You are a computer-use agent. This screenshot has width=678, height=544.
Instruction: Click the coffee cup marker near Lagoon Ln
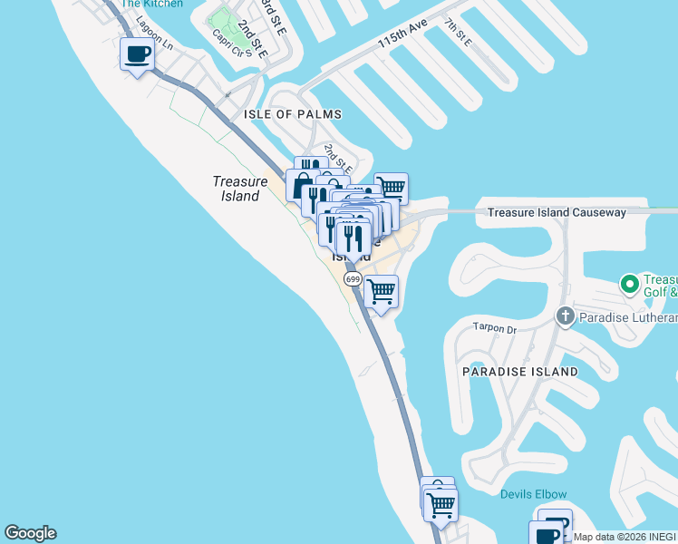[x=137, y=55]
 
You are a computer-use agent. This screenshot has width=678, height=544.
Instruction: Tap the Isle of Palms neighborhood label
[x=293, y=114]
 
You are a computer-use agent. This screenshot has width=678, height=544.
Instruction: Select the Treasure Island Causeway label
[x=557, y=212]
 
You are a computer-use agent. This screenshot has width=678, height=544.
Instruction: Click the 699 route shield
[x=354, y=279]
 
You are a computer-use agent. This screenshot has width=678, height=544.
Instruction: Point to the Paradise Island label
[x=519, y=372]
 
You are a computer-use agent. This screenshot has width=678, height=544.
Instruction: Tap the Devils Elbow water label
[x=534, y=494]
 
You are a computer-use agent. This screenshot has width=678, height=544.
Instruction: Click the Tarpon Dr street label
[x=493, y=328]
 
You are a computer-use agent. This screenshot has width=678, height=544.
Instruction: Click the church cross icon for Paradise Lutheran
[x=565, y=316]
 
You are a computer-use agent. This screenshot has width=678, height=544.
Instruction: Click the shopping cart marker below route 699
[x=382, y=292]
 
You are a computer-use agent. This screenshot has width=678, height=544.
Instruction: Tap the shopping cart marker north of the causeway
[x=391, y=188]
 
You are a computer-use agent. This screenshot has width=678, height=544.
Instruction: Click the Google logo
[x=30, y=533]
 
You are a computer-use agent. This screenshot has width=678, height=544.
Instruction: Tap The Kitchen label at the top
[x=151, y=4]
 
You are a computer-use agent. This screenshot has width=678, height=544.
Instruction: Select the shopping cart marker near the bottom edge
[x=441, y=505]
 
